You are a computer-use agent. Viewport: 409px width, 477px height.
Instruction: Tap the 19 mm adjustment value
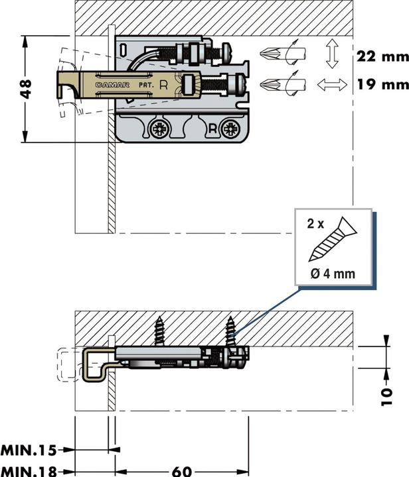coord(380,85)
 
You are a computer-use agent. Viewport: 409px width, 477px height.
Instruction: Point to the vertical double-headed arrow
coord(332,54)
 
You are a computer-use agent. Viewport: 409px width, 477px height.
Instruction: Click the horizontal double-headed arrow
coord(332,85)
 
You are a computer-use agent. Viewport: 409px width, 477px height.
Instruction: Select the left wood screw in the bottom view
coord(160,331)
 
